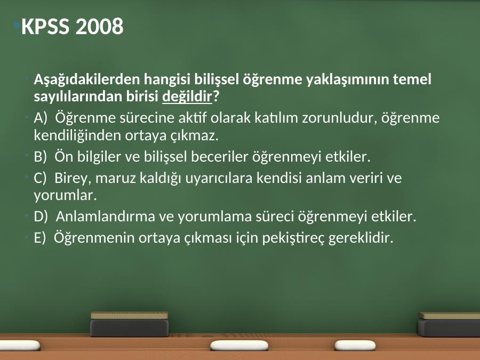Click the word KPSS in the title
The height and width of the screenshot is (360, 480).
tap(45, 26)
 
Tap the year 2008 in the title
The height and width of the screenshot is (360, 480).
tap(99, 26)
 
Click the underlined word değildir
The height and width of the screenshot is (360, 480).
tap(187, 97)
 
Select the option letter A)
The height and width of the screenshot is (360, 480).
tap(41, 118)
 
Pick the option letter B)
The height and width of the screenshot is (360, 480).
tap(40, 157)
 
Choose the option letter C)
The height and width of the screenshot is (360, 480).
tap(40, 178)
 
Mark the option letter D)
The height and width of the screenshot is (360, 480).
tap(41, 217)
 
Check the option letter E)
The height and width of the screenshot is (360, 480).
tap(39, 237)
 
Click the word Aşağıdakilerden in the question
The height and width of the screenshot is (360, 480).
tap(87, 79)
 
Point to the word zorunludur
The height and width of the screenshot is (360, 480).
tap(339, 118)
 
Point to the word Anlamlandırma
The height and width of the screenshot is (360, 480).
tap(106, 217)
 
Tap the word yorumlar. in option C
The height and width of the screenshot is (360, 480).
tap(65, 196)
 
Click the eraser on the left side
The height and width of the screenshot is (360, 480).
tap(129, 324)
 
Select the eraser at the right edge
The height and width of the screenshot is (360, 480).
tap(449, 324)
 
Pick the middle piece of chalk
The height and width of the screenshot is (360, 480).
tap(239, 346)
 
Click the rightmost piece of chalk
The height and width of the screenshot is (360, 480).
tap(355, 345)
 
